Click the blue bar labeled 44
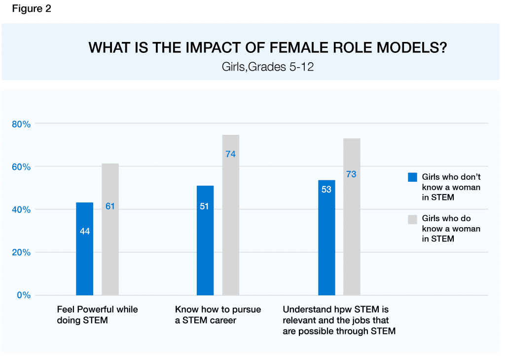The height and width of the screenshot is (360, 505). [84, 249]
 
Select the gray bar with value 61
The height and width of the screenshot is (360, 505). [110, 229]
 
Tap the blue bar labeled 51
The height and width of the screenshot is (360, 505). [205, 240]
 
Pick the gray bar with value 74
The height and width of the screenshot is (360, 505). [230, 215]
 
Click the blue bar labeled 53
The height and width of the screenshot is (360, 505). [326, 238]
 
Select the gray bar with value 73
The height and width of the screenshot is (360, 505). [352, 217]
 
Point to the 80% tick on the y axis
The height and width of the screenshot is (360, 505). [21, 124]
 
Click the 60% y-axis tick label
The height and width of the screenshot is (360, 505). [21, 167]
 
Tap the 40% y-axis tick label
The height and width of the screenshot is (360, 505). [21, 210]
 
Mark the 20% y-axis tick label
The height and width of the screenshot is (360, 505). [21, 252]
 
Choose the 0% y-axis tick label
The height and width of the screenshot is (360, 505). [23, 295]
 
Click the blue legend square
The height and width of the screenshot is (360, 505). [412, 177]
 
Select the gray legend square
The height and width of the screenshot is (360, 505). [412, 219]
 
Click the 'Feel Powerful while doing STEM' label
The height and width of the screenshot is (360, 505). [97, 315]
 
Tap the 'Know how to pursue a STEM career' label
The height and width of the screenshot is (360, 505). [218, 315]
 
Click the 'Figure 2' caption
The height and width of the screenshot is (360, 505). [32, 9]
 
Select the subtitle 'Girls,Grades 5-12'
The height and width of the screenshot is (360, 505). [268, 67]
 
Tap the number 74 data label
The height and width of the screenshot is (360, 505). [230, 154]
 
